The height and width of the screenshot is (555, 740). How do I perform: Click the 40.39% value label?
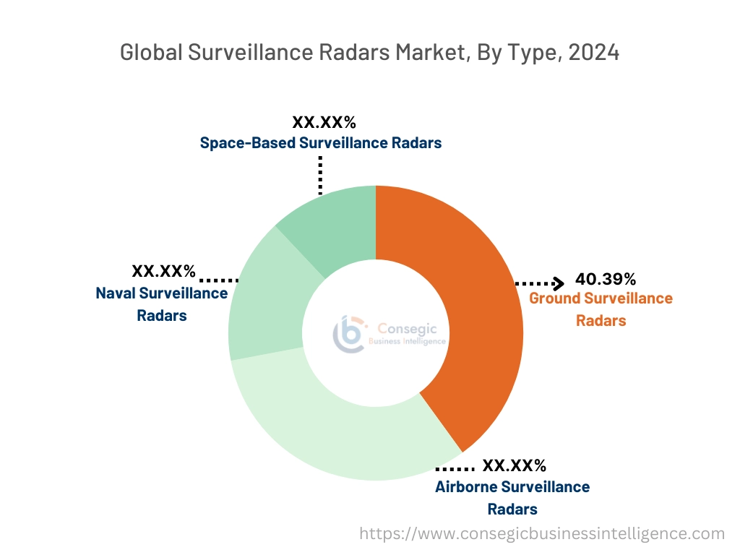pyautogui.click(x=606, y=279)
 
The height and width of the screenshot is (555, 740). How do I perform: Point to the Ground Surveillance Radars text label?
pyautogui.click(x=601, y=309)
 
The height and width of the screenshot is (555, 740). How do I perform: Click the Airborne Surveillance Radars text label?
pyautogui.click(x=512, y=497)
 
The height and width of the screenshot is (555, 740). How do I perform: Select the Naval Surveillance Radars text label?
pyautogui.click(x=162, y=304)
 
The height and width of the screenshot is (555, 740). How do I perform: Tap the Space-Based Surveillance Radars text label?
pyautogui.click(x=320, y=142)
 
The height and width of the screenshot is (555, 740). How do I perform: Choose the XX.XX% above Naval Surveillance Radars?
pyautogui.click(x=163, y=272)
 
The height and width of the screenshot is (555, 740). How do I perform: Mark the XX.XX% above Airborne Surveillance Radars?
pyautogui.click(x=514, y=465)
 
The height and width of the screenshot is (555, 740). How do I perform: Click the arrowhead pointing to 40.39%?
pyautogui.click(x=559, y=283)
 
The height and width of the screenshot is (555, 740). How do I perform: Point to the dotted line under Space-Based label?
pyautogui.click(x=319, y=173)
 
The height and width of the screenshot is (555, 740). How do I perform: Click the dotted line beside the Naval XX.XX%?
pyautogui.click(x=219, y=279)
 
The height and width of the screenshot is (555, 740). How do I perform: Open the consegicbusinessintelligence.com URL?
pyautogui.click(x=542, y=534)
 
